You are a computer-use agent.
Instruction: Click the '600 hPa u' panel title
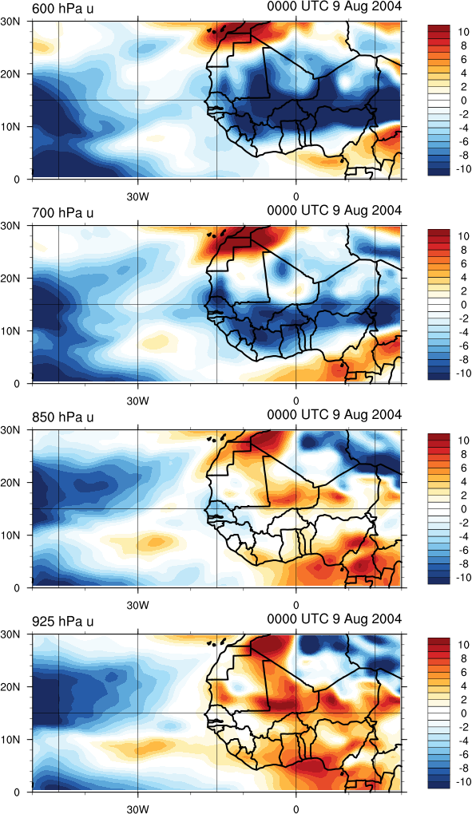tap(63, 8)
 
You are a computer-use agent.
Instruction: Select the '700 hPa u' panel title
tap(63, 213)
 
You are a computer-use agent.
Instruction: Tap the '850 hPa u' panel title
tap(63, 417)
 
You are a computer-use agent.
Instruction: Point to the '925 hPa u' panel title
tap(63, 622)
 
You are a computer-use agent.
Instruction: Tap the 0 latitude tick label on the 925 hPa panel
tap(16, 792)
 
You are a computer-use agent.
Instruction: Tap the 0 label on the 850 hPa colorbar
tap(464, 509)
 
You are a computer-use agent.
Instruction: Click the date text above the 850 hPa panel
tap(335, 414)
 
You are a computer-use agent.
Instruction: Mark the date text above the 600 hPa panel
tap(335, 6)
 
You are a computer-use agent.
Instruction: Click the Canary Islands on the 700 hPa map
tap(217, 234)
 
